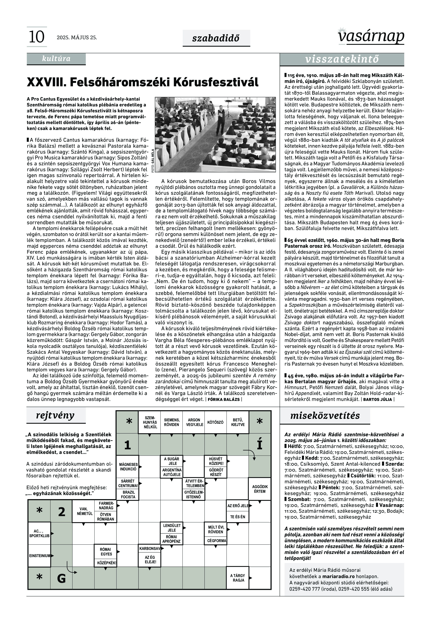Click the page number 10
click(x=36, y=37)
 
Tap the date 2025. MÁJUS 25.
click(x=77, y=37)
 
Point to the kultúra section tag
click(x=56, y=59)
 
